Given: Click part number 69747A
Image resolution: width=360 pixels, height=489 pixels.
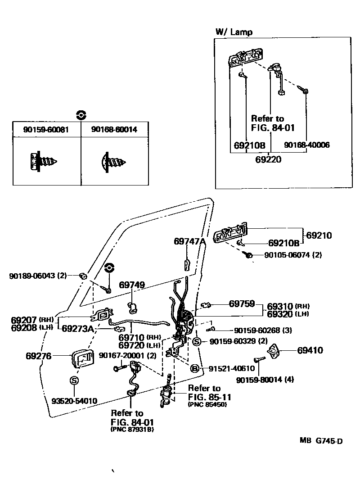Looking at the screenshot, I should [189, 241].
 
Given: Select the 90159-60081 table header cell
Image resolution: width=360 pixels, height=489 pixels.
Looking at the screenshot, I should [46, 130].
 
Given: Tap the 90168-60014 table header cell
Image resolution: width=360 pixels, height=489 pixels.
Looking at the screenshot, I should [114, 130].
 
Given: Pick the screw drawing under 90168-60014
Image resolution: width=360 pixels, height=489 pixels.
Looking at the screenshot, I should [113, 161].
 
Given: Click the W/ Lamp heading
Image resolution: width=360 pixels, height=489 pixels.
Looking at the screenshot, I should [234, 32].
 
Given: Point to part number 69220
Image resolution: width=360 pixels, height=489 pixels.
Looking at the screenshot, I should [268, 159].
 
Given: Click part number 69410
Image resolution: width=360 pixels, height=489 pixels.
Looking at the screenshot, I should [310, 350].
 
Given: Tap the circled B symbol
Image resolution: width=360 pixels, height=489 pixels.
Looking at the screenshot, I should [194, 369].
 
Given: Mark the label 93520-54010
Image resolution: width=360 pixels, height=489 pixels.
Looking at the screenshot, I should [74, 401].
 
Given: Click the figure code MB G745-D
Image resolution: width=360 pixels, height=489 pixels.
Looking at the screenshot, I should [321, 441].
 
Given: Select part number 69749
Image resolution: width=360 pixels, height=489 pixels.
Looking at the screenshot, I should [132, 285].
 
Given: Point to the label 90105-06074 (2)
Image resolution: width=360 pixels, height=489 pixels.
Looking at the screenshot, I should [293, 255].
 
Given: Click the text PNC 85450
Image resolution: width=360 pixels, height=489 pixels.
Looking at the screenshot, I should [207, 404].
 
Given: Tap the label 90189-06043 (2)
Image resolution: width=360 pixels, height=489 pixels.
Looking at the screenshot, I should [38, 275].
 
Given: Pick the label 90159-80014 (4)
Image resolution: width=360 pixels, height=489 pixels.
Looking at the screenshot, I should [265, 380].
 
